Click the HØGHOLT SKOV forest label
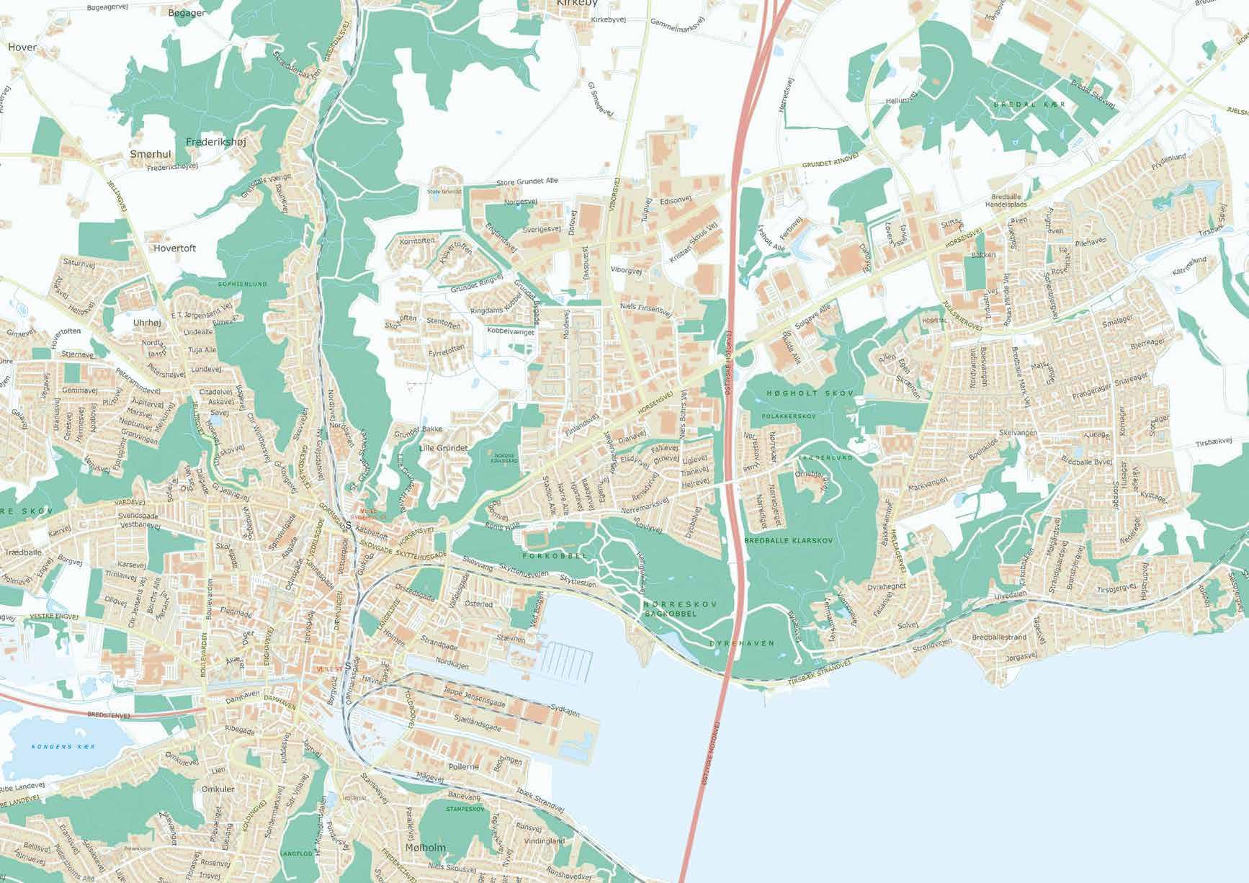(x=810, y=394)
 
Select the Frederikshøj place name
(x=215, y=143)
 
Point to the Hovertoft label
(x=174, y=248)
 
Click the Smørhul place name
(x=151, y=154)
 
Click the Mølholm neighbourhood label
(x=426, y=847)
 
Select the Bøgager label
(x=186, y=14)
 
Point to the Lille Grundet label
(x=443, y=448)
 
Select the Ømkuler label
(x=219, y=789)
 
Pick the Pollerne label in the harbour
(x=463, y=766)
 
